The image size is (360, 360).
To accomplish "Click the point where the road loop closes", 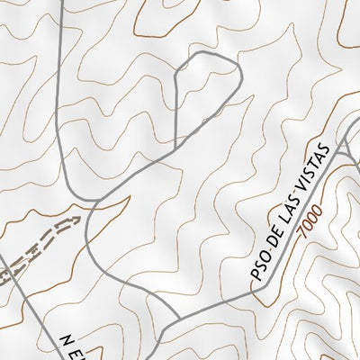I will [175, 145].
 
